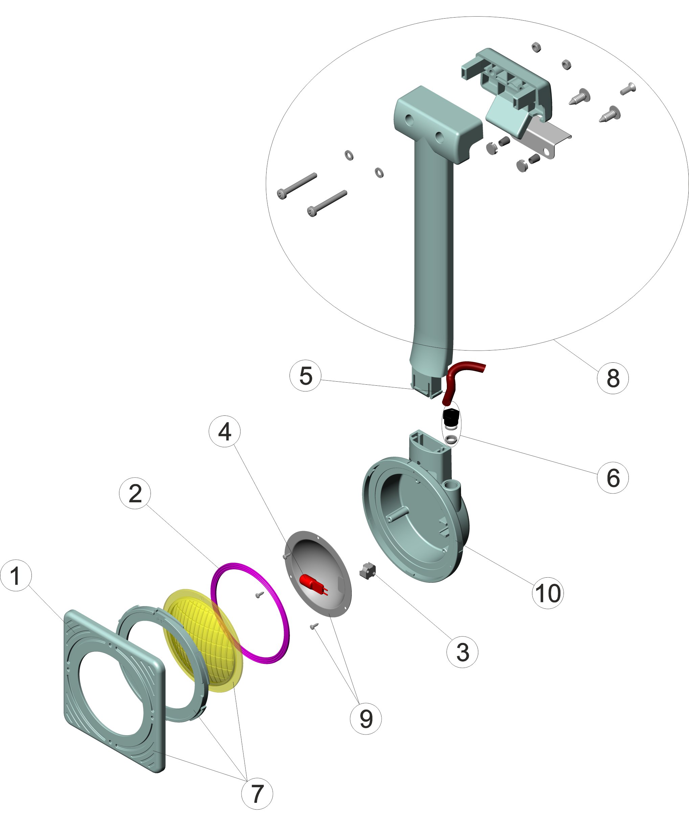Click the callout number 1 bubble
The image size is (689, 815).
click(x=16, y=576)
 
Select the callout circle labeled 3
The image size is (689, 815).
click(x=462, y=652)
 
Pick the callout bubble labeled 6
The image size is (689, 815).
click(x=613, y=477)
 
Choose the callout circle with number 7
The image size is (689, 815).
click(x=257, y=793)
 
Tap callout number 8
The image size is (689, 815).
click(x=613, y=378)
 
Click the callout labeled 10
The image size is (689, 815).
click(x=548, y=593)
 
